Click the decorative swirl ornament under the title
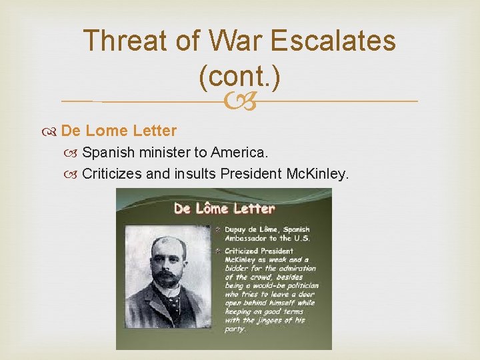coord(239,101)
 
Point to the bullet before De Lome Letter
coord(52,131)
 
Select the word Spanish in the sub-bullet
coord(109,153)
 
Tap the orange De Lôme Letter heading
coord(224,208)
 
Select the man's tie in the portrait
coord(172,303)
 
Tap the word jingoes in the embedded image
coord(271,320)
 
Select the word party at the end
coord(235,329)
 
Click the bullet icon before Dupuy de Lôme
coord(218,229)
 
